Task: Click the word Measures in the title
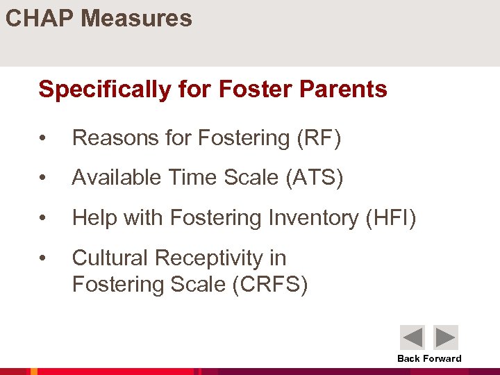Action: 136,18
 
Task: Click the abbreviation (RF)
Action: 319,139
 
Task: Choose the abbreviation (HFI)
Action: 390,218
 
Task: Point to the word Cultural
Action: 110,258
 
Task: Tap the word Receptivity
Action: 210,258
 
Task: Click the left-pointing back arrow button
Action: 412,337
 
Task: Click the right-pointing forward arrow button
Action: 446,337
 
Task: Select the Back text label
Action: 408,359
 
